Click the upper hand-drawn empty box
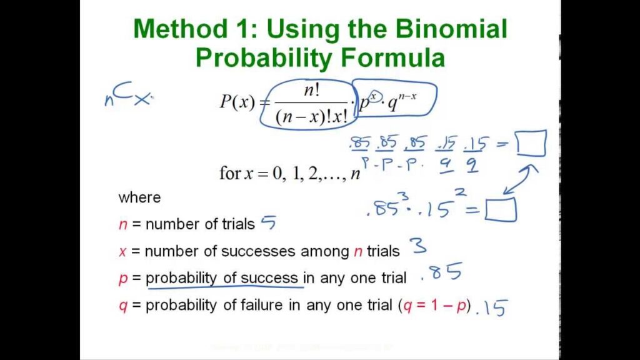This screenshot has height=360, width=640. (x=531, y=144)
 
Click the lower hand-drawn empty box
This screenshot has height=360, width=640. (x=501, y=210)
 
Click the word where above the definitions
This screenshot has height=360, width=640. (x=139, y=198)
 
